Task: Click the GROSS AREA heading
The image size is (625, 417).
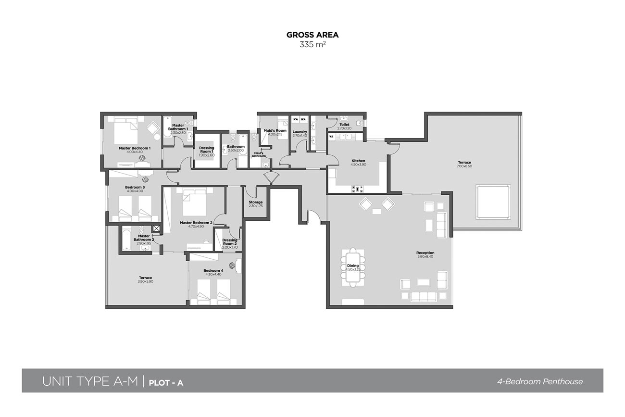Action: point(312,35)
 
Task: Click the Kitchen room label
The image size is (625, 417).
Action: point(358,161)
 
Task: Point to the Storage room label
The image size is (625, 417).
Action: point(255,202)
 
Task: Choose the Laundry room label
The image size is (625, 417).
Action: point(300,131)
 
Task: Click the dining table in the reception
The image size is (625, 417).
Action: point(353,267)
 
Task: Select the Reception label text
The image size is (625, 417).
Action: point(425,253)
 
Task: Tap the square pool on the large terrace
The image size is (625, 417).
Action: point(493,202)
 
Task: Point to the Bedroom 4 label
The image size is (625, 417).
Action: point(213,270)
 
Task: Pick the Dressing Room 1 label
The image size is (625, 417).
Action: point(207,150)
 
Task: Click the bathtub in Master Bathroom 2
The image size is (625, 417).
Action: point(126,240)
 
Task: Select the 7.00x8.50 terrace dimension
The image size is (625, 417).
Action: point(464,166)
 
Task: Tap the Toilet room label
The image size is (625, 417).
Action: point(344,125)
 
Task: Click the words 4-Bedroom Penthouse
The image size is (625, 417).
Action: point(540,381)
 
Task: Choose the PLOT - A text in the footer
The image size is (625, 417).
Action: point(166,383)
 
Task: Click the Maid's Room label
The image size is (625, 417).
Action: point(275,130)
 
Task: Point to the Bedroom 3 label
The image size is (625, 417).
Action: point(135,187)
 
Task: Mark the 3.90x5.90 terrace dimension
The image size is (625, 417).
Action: point(145,282)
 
